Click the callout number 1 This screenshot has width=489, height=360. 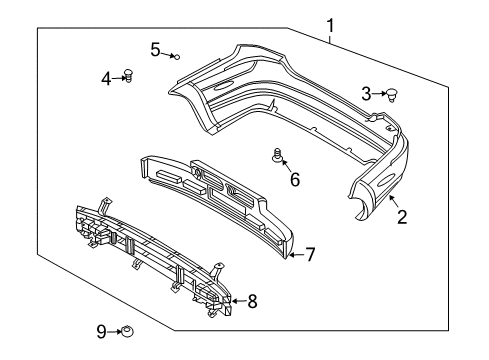point(329,25)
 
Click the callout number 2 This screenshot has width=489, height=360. point(401,216)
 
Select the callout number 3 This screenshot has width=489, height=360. point(367,94)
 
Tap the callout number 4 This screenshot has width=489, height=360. point(106,76)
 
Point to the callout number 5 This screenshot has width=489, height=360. point(155,48)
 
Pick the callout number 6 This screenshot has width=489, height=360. point(294,180)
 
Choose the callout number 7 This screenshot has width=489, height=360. point(310,255)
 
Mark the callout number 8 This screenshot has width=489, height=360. point(251,300)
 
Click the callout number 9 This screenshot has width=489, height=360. point(101,332)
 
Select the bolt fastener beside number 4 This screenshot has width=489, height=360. point(128,75)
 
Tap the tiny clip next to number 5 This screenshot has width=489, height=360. point(175,57)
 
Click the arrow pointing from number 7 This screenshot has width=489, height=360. point(295,256)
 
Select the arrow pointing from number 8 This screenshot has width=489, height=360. point(237,300)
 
